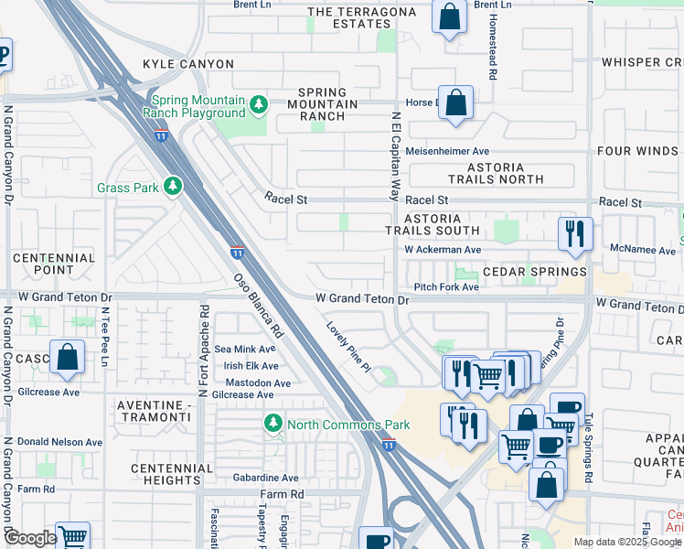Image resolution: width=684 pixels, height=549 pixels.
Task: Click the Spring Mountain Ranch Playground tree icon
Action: click(x=259, y=105)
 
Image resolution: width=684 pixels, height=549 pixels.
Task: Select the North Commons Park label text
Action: click(x=348, y=425)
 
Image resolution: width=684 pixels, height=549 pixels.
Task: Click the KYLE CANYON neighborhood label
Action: click(x=188, y=64)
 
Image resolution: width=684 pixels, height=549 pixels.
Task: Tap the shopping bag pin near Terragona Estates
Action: click(x=449, y=17)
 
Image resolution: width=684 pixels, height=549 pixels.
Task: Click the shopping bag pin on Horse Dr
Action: click(x=455, y=103)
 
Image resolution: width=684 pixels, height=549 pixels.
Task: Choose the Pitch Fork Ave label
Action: click(x=446, y=287)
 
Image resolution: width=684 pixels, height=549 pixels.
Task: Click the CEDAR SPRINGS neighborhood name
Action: click(x=534, y=272)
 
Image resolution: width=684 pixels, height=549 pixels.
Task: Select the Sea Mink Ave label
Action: click(x=244, y=349)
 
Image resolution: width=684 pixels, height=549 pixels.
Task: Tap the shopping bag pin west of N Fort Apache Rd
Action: click(x=68, y=357)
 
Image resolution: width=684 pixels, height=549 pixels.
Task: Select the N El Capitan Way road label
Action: click(x=396, y=156)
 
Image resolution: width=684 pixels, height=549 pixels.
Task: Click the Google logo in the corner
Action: click(x=30, y=538)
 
